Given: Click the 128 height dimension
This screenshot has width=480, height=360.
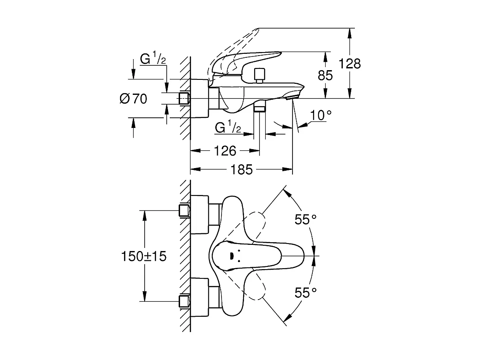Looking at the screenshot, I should tap(349, 64).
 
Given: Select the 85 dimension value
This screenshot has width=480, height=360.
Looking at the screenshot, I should tap(325, 75).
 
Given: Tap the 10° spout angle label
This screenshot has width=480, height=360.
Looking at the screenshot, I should tap(321, 115).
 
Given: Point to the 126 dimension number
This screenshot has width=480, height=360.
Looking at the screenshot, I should tap(225, 151).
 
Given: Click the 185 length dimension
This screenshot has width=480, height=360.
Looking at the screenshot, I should tap(241, 169).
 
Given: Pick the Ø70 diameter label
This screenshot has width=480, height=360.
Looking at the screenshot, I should tap(133, 99).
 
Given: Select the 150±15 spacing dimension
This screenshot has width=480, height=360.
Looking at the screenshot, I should tap(144, 256).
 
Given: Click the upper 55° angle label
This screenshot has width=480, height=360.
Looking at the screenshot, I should tap(306, 220).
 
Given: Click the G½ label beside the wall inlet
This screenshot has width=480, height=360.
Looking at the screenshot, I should tap(153, 59).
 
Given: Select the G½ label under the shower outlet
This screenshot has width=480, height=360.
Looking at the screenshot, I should tap(228, 128).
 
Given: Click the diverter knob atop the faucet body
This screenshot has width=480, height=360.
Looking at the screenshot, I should tap(259, 75).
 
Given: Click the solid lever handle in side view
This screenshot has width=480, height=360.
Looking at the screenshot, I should tap(247, 60).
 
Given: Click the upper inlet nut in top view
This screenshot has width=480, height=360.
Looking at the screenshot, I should tap(184, 210).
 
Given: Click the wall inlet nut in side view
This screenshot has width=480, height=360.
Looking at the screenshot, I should tap(184, 98).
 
